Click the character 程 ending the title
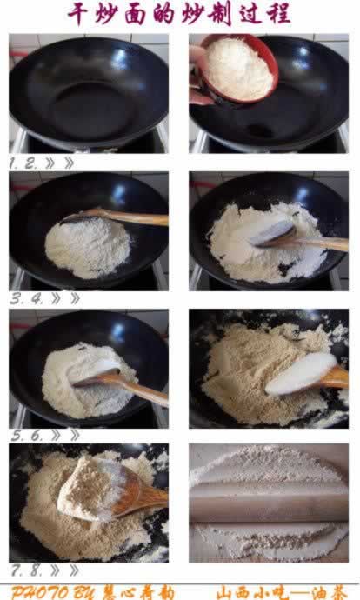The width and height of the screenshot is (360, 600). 278,14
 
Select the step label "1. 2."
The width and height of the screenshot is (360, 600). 23,163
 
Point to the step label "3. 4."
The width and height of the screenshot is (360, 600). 27,298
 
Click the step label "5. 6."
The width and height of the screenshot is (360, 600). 26,435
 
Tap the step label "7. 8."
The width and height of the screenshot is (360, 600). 26,570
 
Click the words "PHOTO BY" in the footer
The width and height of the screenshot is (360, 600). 54,593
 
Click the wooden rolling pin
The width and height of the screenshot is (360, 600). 269,503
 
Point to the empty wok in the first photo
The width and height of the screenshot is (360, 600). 89,91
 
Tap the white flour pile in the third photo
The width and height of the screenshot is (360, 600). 89,247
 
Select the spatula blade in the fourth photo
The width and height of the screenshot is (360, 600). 273,234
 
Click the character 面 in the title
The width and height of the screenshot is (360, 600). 136,14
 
